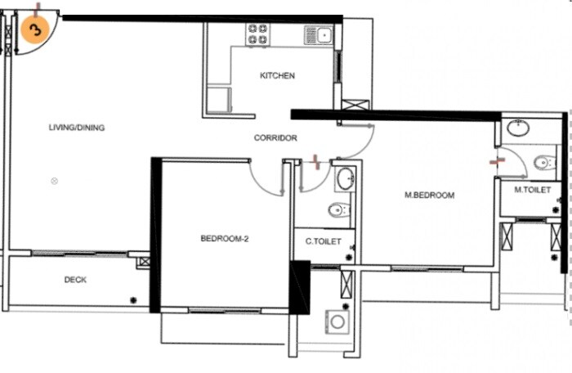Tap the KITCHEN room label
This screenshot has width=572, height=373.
(x=277, y=76)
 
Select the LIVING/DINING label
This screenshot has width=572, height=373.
(x=77, y=128)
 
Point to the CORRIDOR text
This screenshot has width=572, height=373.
(x=275, y=138)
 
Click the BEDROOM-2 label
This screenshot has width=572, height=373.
(x=224, y=239)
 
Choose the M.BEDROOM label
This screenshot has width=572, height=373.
(x=430, y=195)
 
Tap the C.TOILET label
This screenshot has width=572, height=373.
(x=324, y=242)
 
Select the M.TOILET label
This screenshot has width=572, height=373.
(x=532, y=190)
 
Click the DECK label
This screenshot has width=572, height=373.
(x=76, y=280)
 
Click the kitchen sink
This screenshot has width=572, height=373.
(x=319, y=34)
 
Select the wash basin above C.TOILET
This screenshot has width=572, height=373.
(x=345, y=178)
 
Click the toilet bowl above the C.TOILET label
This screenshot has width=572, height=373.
(x=338, y=210)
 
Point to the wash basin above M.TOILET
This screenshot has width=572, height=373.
(x=517, y=128)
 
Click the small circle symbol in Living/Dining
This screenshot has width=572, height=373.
(x=55, y=181)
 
